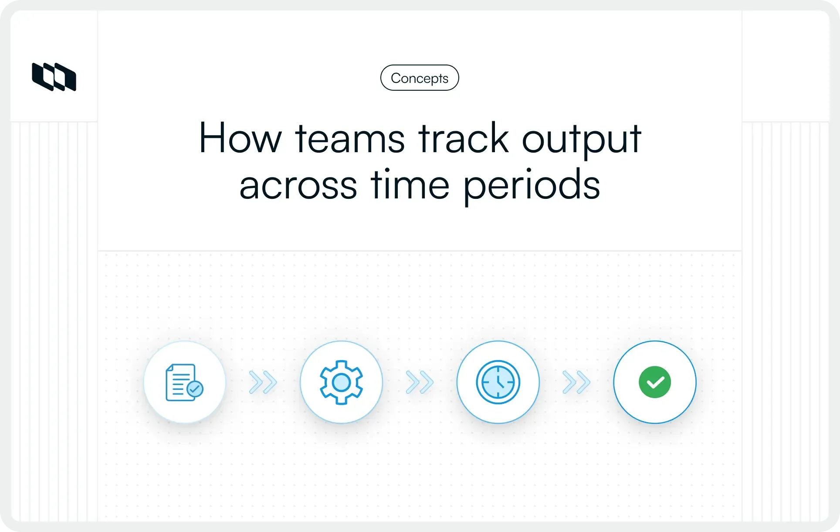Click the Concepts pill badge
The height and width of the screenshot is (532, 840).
tap(420, 78)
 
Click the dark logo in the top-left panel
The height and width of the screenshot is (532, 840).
tap(54, 77)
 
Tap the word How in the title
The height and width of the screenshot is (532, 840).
tap(240, 139)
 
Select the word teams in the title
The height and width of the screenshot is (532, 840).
tap(350, 139)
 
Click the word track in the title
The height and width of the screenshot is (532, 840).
tap(463, 139)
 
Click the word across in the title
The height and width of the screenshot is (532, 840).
tap(298, 185)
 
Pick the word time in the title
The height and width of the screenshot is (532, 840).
tap(410, 185)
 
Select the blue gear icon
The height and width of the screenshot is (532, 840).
tap(341, 382)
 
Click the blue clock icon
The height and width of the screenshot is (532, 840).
tap(498, 382)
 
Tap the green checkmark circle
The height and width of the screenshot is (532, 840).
tap(655, 382)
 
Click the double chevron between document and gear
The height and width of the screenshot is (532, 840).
tap(263, 382)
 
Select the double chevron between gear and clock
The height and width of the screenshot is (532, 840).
tap(420, 382)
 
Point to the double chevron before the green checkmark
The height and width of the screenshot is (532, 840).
tap(576, 382)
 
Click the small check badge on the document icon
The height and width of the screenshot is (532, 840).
tap(195, 389)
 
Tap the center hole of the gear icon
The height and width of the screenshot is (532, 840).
tap(341, 382)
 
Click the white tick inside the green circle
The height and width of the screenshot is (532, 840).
tap(655, 383)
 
